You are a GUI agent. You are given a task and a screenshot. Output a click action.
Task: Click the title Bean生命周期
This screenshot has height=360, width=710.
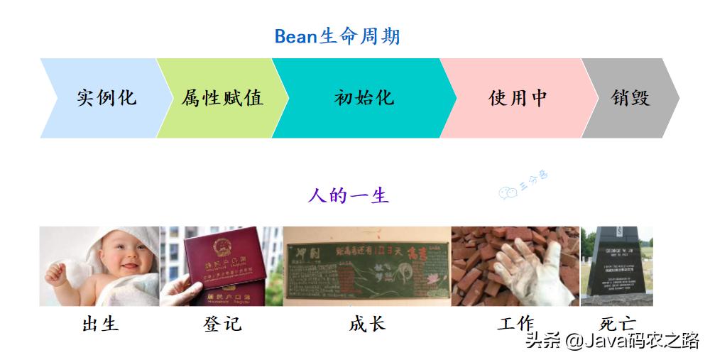point(337,36)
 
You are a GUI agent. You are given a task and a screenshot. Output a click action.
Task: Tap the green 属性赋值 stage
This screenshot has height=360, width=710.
point(221,98)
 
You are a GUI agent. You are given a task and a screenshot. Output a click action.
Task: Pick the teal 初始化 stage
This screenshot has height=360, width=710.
point(363,98)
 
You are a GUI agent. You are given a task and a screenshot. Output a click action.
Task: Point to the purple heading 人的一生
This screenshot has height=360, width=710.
point(348,195)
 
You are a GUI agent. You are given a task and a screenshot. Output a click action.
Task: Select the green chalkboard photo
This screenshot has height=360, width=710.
point(366,266)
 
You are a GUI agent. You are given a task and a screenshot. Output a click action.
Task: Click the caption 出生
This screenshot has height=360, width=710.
point(100,324)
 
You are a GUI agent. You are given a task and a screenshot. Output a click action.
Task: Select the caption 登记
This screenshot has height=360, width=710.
point(222,324)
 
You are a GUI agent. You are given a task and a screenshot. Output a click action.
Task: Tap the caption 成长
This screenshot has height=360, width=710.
point(367,324)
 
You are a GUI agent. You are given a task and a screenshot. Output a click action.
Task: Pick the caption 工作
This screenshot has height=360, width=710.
point(515,324)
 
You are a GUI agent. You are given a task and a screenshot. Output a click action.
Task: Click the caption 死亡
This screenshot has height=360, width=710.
point(616,324)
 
